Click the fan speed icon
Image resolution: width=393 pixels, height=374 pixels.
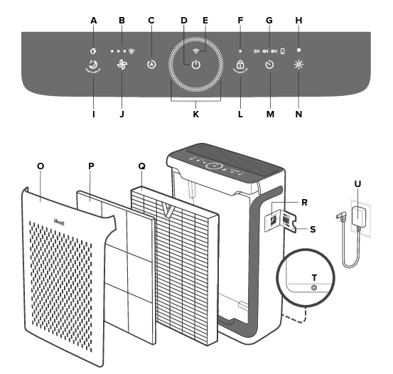[122, 65]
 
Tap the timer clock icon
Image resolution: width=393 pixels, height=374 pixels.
[269, 65]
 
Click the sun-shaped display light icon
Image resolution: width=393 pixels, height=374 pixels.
[298, 65]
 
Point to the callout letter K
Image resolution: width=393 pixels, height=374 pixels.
[196, 113]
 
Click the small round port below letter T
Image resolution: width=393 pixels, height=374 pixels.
[313, 287]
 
